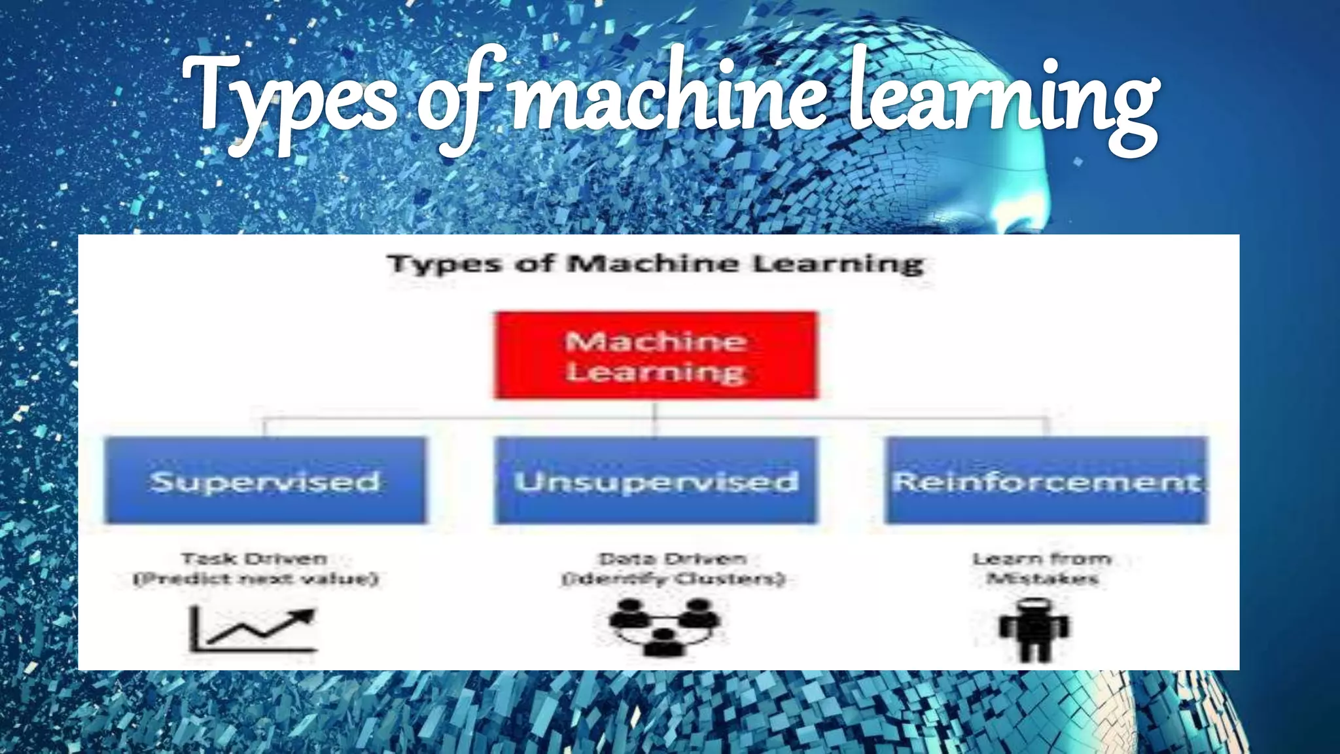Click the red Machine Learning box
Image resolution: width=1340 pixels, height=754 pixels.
click(656, 355)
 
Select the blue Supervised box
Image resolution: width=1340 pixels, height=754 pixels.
click(265, 480)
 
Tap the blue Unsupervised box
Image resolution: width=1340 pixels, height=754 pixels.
click(656, 480)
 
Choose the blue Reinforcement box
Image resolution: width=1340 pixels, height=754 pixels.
click(1046, 480)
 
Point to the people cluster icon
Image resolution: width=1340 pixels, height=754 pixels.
click(664, 626)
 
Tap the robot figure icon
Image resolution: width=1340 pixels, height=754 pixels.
click(1034, 628)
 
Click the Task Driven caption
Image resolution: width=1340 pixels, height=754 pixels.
click(255, 559)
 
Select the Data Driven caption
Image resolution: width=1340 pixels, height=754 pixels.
click(673, 559)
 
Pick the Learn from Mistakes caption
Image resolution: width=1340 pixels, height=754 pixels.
click(1042, 568)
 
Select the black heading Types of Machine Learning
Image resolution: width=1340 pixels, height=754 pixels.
click(656, 264)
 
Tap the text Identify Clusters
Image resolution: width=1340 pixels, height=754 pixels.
click(673, 579)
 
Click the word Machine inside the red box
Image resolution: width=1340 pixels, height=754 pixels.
click(656, 341)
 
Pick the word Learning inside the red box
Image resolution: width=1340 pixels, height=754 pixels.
click(656, 372)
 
